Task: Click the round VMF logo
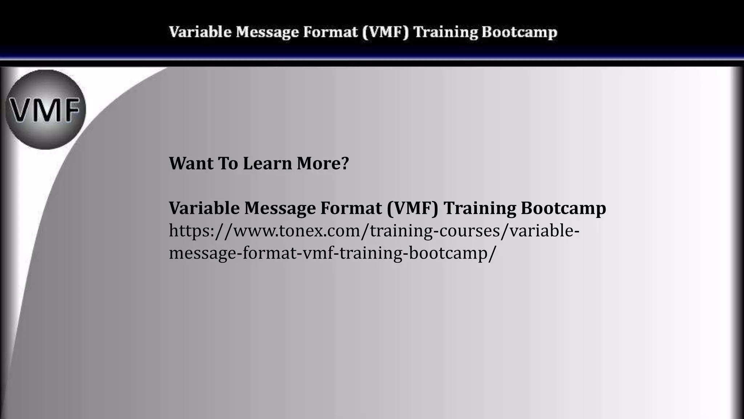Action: [46, 109]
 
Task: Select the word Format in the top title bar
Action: [330, 32]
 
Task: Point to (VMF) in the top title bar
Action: [385, 32]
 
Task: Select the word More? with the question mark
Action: [323, 163]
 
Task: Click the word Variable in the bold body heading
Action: [204, 208]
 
